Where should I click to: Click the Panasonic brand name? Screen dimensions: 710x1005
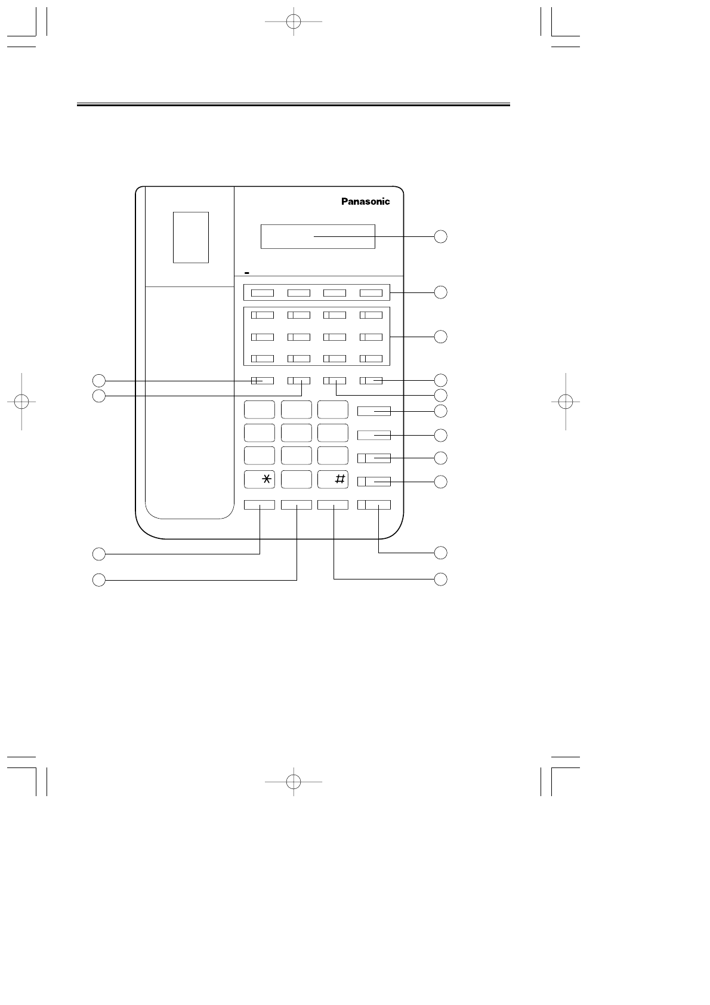(365, 202)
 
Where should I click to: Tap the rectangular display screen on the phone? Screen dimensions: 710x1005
(317, 236)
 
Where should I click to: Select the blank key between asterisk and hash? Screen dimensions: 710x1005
(296, 479)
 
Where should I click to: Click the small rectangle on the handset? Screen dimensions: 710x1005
(191, 237)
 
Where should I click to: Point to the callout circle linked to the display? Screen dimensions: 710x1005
(440, 236)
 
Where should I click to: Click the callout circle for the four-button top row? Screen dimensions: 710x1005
(440, 292)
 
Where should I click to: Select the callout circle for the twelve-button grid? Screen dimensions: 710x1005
(440, 336)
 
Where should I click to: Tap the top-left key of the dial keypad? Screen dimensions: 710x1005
(259, 409)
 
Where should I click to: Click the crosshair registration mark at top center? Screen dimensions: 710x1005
(293, 21)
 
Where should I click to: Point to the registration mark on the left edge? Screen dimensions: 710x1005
(21, 401)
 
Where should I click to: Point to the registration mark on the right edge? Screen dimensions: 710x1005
(565, 401)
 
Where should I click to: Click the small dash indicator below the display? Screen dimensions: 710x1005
(246, 272)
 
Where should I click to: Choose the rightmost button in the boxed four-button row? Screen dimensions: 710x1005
(371, 293)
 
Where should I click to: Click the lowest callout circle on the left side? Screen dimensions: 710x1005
(98, 579)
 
